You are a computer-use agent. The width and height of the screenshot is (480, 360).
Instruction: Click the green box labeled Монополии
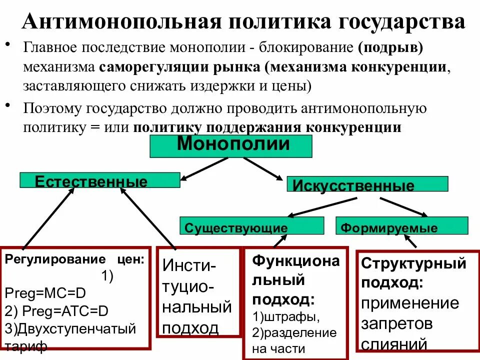(x=230, y=146)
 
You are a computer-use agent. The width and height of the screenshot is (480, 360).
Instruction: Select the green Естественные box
(x=99, y=180)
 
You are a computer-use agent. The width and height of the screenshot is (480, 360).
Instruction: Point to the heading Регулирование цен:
(x=74, y=259)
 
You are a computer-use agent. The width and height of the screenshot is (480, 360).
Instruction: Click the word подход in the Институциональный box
(x=190, y=328)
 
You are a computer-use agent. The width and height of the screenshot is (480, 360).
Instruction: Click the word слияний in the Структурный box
(x=393, y=344)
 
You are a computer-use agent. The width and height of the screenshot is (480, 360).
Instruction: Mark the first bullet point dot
(x=8, y=45)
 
